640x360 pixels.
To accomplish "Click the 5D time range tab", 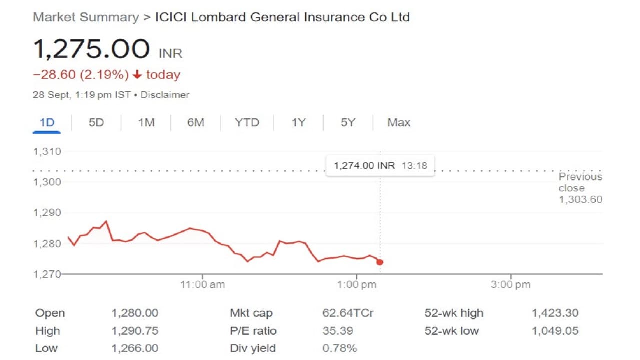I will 96,122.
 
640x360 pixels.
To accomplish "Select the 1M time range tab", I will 146,122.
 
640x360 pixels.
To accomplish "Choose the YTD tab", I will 247,122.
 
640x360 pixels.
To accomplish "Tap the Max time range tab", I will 398,122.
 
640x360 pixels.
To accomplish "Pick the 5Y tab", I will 348,122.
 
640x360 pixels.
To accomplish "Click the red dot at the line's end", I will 380,262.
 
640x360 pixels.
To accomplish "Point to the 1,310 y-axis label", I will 47,151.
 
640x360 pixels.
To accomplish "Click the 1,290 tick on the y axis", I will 47,213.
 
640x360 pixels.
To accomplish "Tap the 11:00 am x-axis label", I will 202,285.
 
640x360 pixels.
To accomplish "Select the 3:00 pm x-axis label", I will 510,285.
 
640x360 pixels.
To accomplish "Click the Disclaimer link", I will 165,95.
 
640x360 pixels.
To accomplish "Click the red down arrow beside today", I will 137,75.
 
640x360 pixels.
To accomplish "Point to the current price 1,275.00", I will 91,49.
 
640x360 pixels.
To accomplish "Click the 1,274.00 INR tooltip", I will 380,165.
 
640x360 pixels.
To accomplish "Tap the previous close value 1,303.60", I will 580,200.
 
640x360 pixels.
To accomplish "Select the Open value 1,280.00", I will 134,313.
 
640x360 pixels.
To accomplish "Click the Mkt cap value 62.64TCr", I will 348,313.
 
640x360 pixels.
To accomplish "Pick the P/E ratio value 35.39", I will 337,331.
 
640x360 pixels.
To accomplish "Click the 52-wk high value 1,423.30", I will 555,313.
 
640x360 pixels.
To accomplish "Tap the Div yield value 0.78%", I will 339,348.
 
